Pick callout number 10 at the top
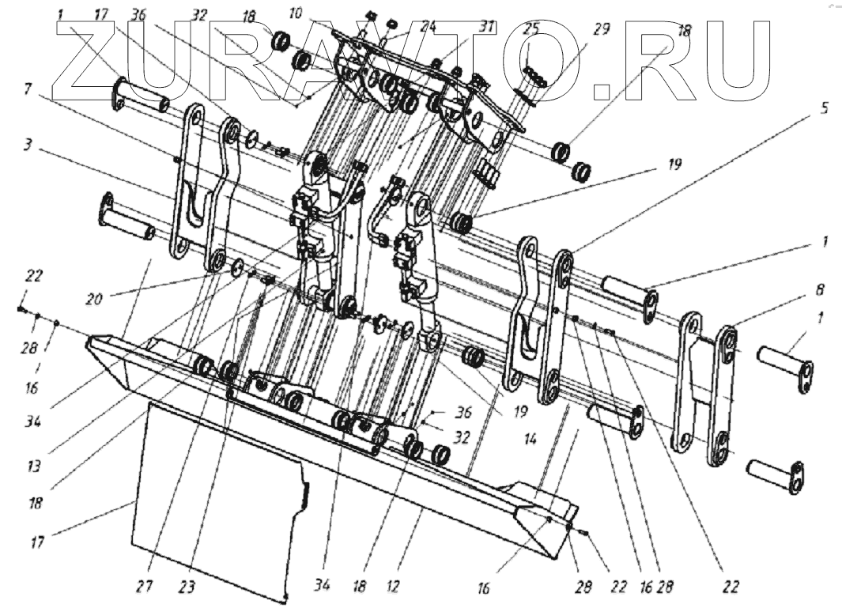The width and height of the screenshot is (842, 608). coord(319,14)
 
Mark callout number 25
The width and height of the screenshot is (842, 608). coord(530,29)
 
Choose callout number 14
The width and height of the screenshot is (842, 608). coord(530,436)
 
